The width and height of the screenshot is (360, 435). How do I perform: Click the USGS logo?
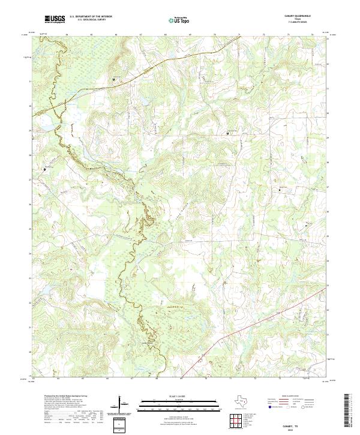pos(55,19)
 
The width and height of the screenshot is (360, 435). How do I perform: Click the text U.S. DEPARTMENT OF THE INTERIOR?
pos(91,17)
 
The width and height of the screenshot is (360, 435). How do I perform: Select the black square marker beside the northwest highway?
pos(114,79)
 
